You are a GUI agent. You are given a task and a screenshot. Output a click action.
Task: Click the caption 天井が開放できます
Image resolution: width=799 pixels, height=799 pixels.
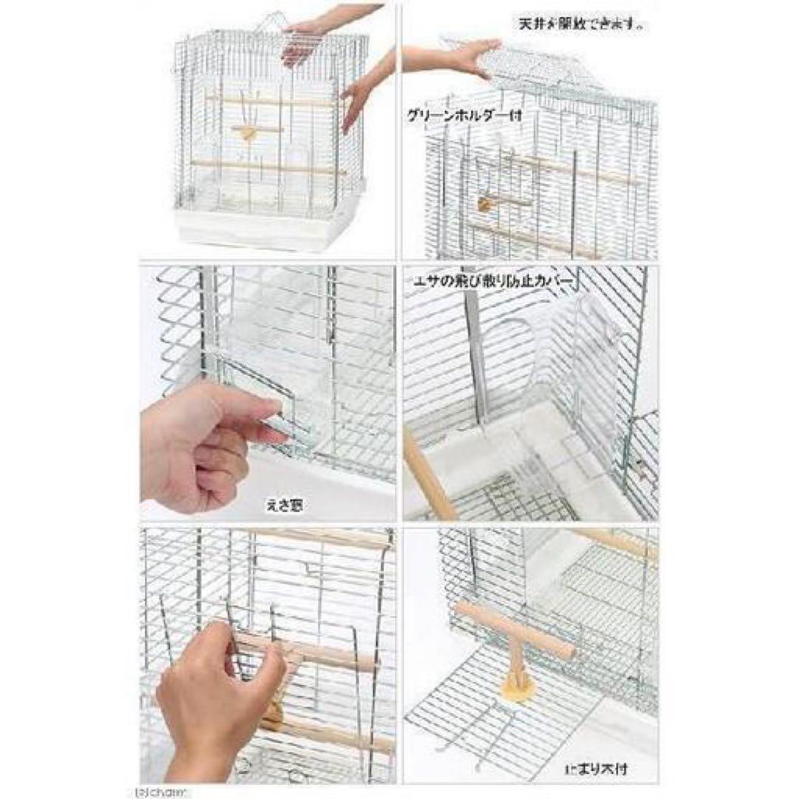[x=580, y=24]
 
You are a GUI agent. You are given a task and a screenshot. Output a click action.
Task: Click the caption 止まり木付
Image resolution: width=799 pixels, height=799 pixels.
[x=602, y=769]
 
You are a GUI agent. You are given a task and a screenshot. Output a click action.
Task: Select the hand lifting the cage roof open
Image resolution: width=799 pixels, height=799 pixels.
[x=451, y=58]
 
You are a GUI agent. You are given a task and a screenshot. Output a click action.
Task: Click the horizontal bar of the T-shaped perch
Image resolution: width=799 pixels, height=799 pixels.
[x=513, y=630]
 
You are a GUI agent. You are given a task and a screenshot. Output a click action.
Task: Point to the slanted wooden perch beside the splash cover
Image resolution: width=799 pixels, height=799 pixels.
[x=429, y=473]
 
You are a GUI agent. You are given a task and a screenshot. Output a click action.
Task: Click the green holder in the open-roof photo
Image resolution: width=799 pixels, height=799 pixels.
[x=488, y=202]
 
